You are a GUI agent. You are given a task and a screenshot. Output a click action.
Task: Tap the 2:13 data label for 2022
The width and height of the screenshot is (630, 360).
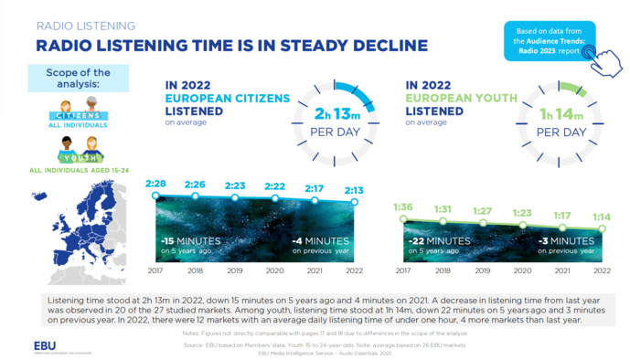click(x=354, y=191)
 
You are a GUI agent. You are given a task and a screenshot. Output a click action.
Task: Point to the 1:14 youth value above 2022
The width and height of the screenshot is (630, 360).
click(x=601, y=217)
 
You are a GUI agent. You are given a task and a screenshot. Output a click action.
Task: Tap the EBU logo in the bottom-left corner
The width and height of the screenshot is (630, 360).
click(x=44, y=346)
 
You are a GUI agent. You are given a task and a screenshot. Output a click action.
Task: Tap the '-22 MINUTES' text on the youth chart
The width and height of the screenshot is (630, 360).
click(x=439, y=240)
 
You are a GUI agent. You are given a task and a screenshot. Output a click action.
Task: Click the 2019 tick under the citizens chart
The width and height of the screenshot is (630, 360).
click(x=235, y=271)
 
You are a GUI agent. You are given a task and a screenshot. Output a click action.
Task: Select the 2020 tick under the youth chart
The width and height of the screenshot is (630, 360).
click(x=522, y=271)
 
